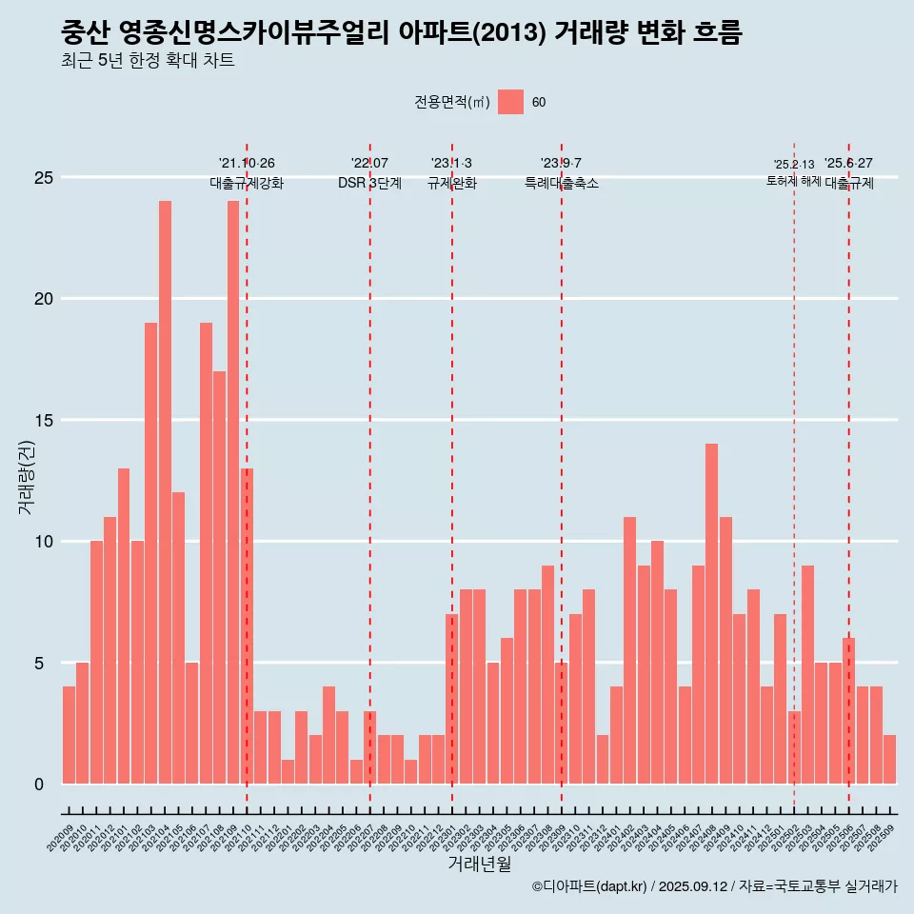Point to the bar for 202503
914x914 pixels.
(807, 675)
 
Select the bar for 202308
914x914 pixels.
(547, 675)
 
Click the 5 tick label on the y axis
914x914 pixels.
(39, 664)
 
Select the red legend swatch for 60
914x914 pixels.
(510, 102)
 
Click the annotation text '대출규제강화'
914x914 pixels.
(247, 183)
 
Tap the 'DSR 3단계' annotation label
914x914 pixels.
(369, 183)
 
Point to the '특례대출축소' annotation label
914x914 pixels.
(562, 183)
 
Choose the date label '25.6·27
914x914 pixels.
(848, 164)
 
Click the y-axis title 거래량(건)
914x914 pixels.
(27, 476)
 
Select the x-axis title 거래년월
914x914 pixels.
(479, 864)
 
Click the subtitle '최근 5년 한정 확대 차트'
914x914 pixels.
(147, 61)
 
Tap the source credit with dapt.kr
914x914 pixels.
(714, 886)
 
